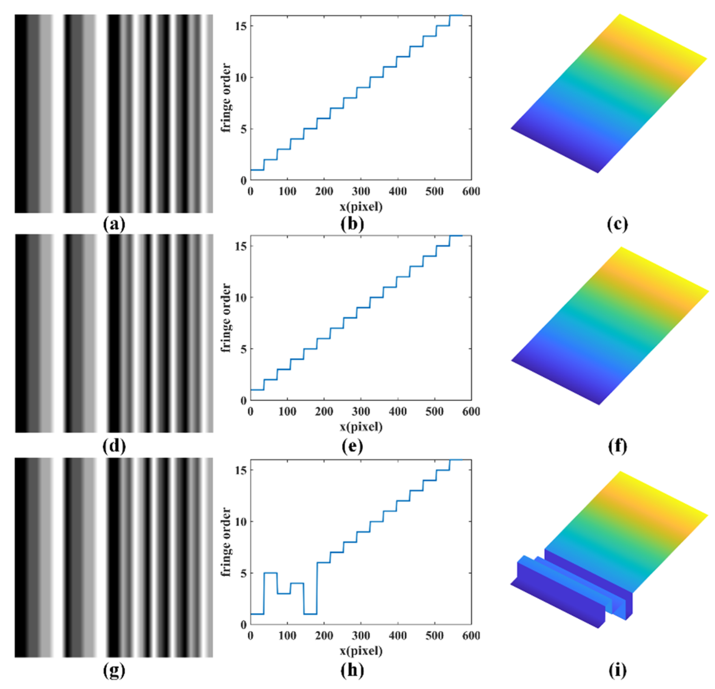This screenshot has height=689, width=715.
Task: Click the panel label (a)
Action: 114,224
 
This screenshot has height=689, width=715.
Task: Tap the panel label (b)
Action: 352,224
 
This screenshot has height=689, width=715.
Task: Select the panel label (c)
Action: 617,224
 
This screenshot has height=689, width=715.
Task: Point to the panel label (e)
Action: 352,446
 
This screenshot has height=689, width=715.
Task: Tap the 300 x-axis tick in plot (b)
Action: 361,192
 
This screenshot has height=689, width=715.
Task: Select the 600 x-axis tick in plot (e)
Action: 471,412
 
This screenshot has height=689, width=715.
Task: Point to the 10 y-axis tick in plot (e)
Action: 241,297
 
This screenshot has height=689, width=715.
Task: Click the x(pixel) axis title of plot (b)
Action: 361,207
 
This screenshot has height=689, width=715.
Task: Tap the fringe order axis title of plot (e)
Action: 226,318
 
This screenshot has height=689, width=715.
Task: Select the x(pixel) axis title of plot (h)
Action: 361,651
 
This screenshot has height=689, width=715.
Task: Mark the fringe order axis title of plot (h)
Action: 226,542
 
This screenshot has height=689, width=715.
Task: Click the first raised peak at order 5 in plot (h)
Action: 270,573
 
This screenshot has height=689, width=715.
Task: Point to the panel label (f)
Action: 617,446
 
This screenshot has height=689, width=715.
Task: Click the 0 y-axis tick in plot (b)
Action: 243,181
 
